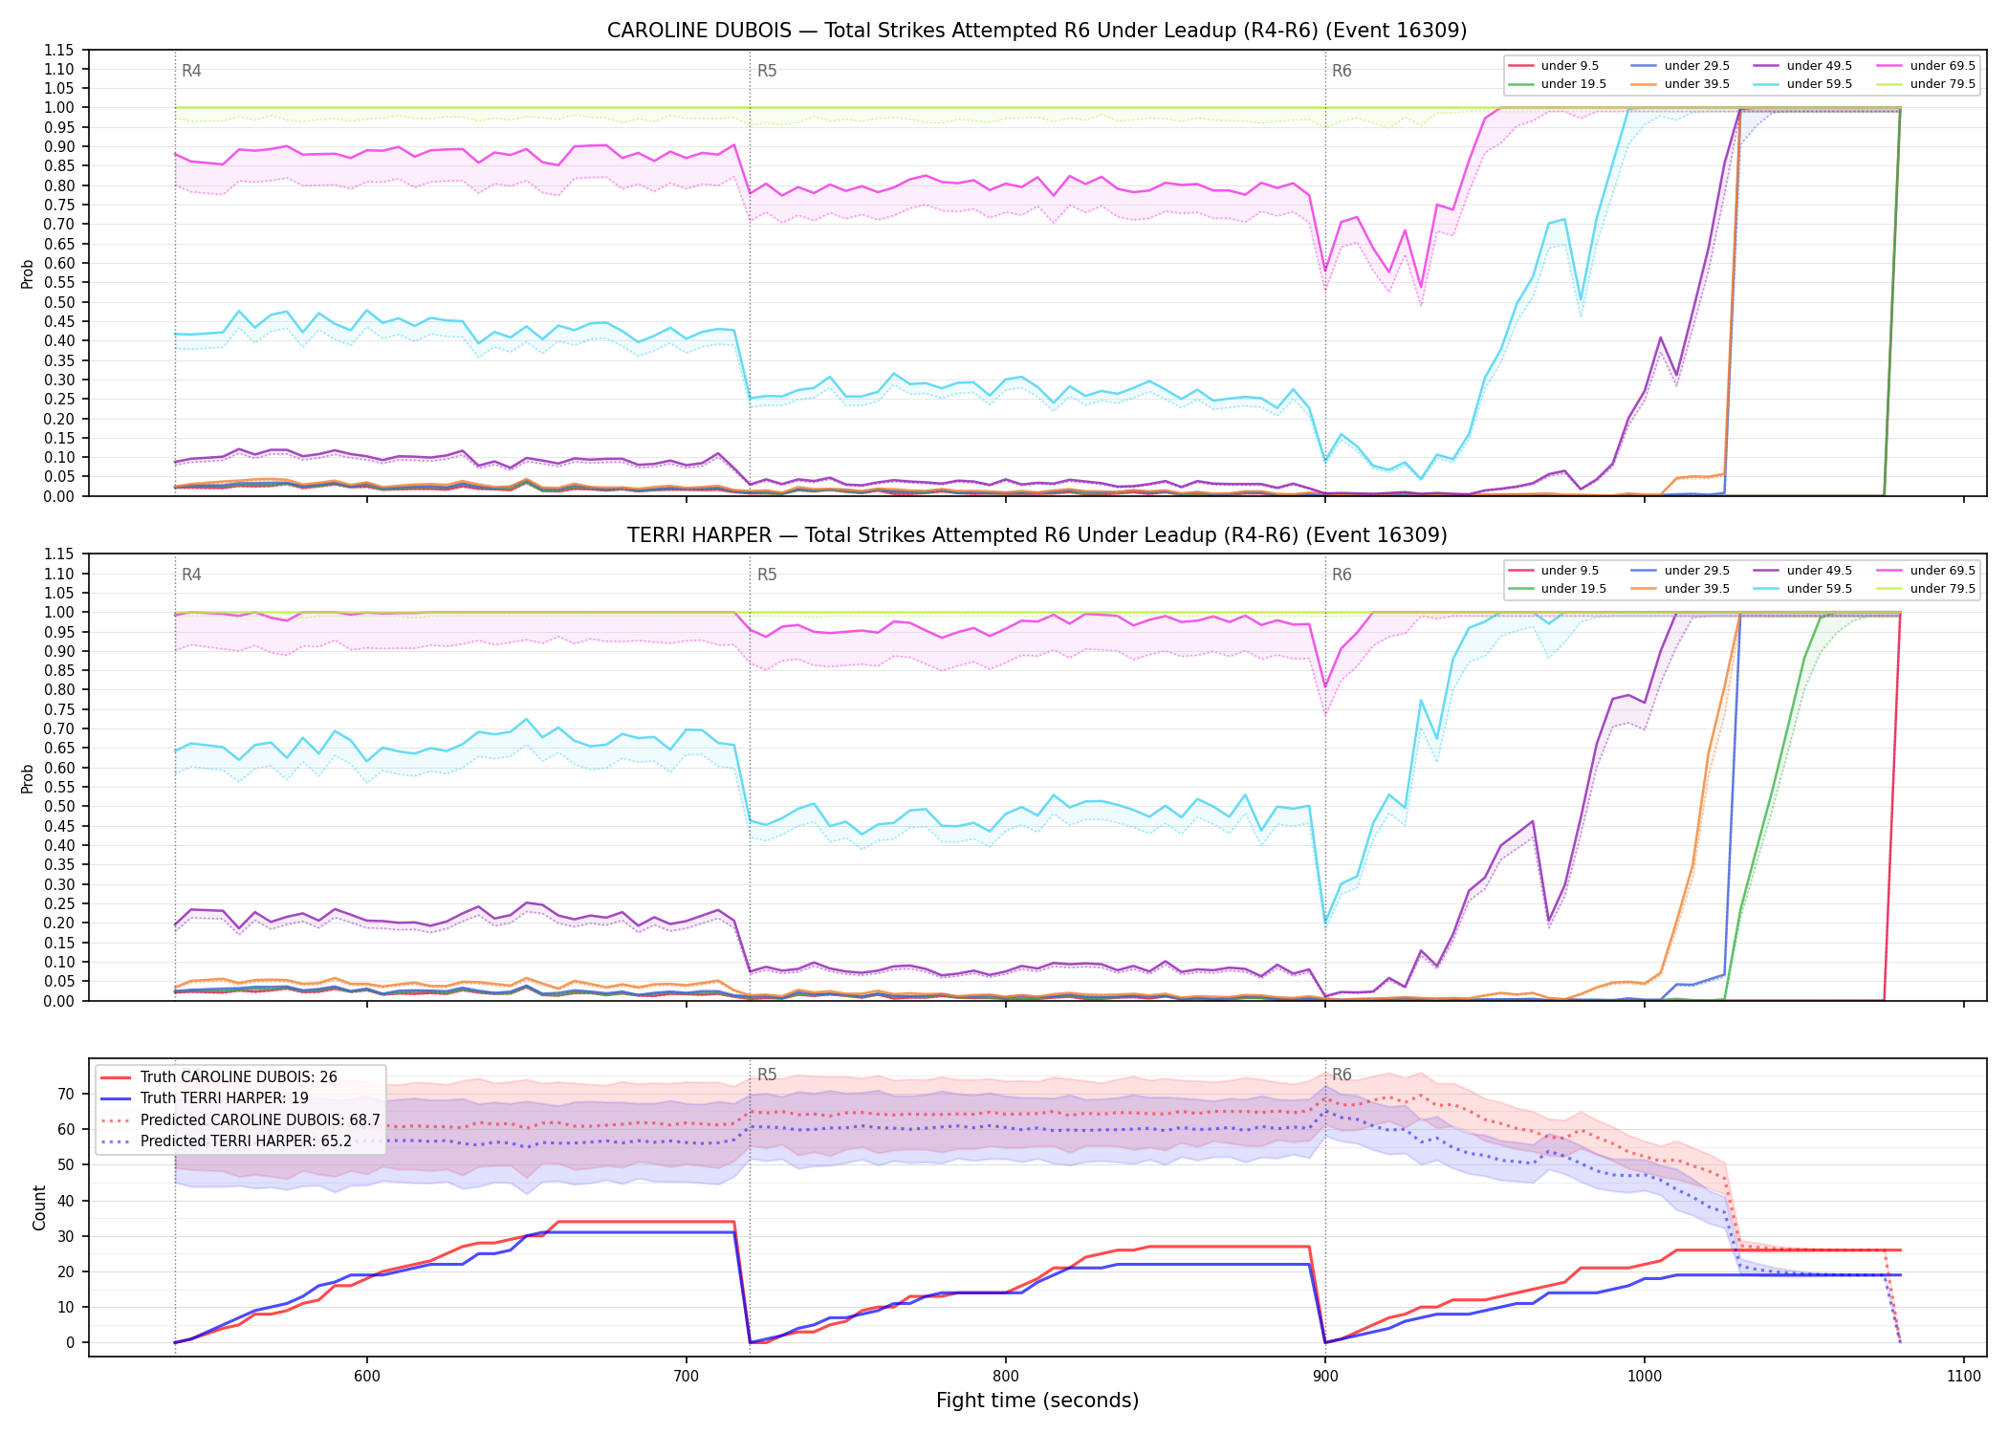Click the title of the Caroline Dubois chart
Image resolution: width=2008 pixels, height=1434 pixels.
coord(1037,31)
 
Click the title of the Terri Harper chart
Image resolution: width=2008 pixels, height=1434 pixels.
coord(1037,535)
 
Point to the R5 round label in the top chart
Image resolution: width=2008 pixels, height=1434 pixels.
coord(767,71)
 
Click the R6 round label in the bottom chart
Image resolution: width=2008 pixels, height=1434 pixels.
coord(1342,1075)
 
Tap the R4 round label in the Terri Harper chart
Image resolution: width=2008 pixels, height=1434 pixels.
coord(191,575)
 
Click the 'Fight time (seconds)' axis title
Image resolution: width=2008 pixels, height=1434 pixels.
coord(1037,1401)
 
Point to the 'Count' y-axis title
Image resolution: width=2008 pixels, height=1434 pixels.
coord(39,1207)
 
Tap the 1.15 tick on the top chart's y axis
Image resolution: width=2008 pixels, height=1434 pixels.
coord(59,50)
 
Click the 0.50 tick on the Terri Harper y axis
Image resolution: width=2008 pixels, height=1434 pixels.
coord(59,806)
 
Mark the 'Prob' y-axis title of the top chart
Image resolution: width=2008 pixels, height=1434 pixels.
coord(27,273)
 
